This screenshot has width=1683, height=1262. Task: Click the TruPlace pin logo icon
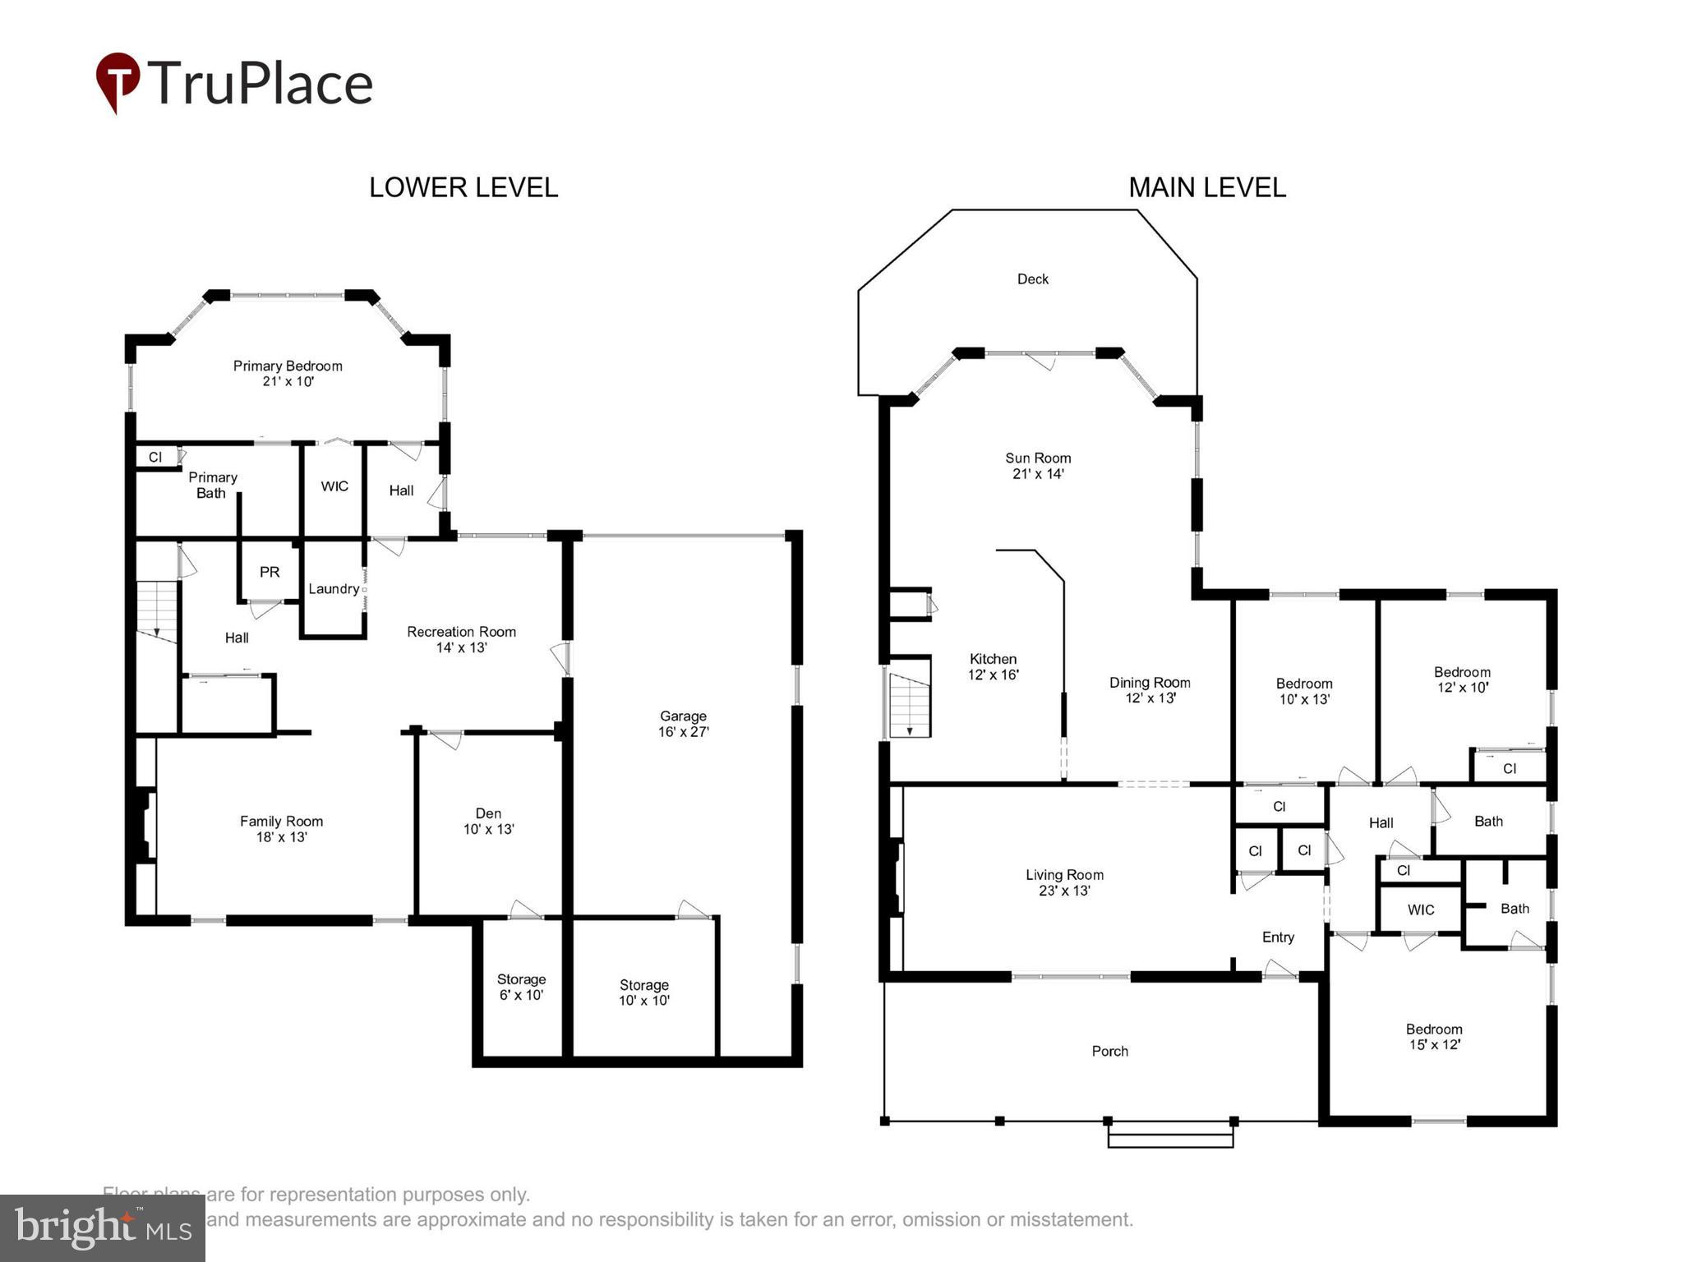(x=118, y=81)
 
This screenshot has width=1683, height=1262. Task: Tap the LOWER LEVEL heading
(x=463, y=187)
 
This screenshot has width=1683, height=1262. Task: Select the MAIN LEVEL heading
(x=1206, y=187)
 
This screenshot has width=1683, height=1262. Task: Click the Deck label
(x=1032, y=279)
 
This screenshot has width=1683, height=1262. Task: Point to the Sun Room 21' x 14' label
(x=1038, y=466)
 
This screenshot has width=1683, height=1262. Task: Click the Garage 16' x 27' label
(x=683, y=724)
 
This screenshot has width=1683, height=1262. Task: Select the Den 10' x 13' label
(x=488, y=821)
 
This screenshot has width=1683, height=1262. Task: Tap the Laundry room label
(x=333, y=589)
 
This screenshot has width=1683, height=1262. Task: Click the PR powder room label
(x=270, y=572)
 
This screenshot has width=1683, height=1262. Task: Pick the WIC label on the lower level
(x=334, y=486)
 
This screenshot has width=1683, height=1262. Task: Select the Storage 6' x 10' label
(x=521, y=987)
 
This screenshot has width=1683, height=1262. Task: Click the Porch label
(x=1109, y=1051)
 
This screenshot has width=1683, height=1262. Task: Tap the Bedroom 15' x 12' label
(x=1434, y=1037)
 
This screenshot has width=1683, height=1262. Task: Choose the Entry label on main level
(x=1278, y=937)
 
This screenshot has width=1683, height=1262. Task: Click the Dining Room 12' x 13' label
(x=1150, y=690)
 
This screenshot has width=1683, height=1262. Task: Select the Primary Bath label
(x=212, y=485)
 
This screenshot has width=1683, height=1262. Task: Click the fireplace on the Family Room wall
(x=144, y=825)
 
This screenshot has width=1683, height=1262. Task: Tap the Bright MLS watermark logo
(x=103, y=1228)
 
